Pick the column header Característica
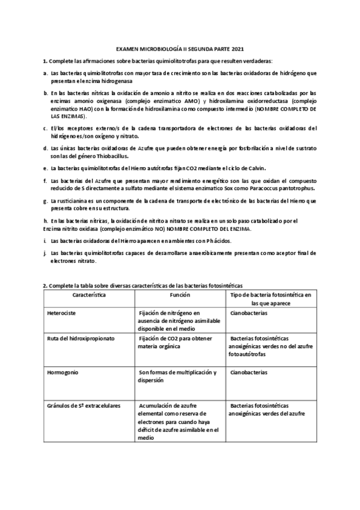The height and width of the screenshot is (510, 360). pyautogui.click(x=90, y=296)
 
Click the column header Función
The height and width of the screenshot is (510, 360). pyautogui.click(x=180, y=296)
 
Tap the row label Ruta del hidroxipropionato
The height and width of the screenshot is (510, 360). pyautogui.click(x=81, y=339)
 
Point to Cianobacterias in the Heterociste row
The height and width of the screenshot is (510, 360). pyautogui.click(x=249, y=313)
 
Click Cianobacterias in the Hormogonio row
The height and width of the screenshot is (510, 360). pyautogui.click(x=249, y=373)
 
